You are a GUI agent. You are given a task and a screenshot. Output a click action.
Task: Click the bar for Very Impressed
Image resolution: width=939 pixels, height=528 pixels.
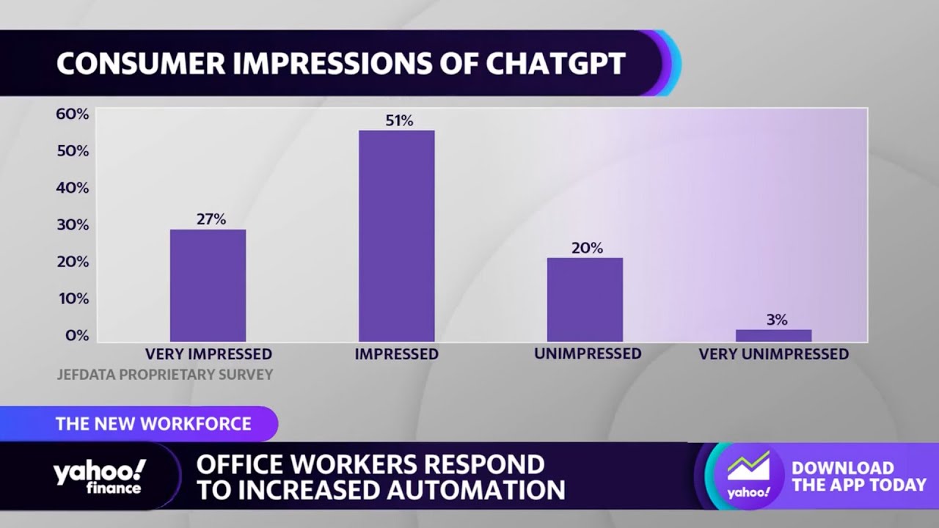(208, 285)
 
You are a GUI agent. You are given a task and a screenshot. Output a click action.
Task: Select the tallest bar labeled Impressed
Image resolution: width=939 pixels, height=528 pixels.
(396, 235)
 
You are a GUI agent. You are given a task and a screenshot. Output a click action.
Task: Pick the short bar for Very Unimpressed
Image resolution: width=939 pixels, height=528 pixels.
(773, 335)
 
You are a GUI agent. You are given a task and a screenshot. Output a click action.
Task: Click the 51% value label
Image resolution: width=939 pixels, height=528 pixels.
(399, 121)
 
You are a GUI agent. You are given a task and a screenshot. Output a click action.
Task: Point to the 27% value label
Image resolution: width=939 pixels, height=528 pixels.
(211, 219)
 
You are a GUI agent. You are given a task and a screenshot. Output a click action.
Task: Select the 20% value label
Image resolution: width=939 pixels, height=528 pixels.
(587, 249)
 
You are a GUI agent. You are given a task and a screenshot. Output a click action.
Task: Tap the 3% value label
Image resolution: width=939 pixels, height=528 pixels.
(776, 320)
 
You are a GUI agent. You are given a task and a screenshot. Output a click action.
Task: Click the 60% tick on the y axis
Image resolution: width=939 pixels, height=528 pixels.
(72, 114)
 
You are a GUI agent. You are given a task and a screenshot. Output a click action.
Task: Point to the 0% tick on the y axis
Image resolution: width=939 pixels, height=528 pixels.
(76, 336)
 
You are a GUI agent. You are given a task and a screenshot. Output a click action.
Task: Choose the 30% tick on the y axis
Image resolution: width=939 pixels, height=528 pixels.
(72, 225)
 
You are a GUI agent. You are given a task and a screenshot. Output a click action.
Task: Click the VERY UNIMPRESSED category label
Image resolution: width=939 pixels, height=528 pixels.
(773, 354)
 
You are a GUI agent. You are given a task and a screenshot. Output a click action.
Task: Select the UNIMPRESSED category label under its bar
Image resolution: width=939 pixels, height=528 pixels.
(588, 353)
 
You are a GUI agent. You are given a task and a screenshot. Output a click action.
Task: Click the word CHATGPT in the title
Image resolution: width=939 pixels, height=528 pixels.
(555, 65)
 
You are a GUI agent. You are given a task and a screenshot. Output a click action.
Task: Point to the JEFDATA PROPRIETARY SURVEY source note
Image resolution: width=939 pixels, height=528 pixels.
(164, 375)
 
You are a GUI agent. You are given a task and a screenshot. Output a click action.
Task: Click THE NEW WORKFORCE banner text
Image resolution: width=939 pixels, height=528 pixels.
(153, 424)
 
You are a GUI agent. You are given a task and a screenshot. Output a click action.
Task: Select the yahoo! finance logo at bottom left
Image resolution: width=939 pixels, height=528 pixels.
(99, 477)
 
